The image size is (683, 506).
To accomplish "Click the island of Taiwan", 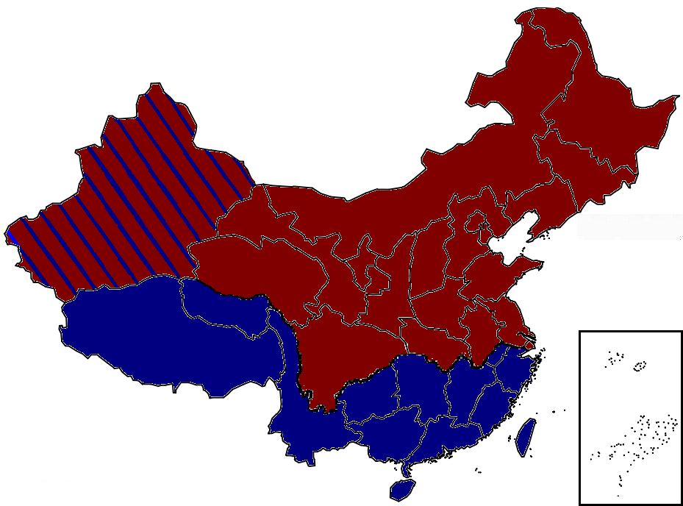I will (x=526, y=436).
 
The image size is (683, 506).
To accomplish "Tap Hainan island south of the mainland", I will (x=402, y=488).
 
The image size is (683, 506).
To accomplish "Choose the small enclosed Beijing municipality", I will (x=478, y=221).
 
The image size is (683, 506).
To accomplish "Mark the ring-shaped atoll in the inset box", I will (x=640, y=365).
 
